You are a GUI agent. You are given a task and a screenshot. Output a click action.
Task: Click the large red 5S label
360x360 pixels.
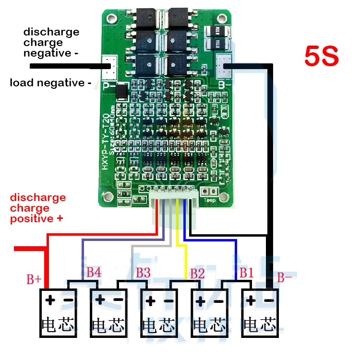(x=322, y=57)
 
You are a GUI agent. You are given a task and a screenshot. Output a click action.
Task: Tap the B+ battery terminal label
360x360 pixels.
(x=34, y=280)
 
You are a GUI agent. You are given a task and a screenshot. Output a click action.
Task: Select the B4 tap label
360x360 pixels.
(x=94, y=273)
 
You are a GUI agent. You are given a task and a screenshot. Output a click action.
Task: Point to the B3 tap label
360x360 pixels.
(x=143, y=273)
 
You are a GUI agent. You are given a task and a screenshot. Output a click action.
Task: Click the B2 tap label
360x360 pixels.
(x=197, y=274)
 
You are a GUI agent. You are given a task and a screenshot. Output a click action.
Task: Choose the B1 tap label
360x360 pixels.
(x=246, y=273)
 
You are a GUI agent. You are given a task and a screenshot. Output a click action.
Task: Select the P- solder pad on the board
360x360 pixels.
(x=108, y=66)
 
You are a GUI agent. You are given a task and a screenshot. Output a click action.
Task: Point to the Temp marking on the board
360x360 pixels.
(x=210, y=200)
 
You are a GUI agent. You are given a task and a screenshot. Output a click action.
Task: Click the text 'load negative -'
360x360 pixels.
(x=50, y=83)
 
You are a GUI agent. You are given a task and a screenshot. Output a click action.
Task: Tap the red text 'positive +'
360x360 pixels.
(x=36, y=219)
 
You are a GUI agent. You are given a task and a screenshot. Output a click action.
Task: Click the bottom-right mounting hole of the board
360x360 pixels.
(x=223, y=197)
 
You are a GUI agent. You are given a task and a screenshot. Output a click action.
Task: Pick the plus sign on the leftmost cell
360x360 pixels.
(x=50, y=301)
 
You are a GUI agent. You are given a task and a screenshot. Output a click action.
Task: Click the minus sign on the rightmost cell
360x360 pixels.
(x=269, y=301)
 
